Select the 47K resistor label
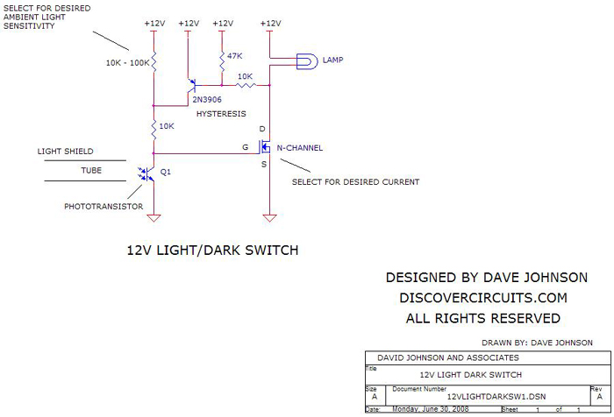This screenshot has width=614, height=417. pyautogui.click(x=235, y=56)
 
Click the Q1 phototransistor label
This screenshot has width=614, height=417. pyautogui.click(x=166, y=172)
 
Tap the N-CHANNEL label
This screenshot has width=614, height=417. pyautogui.click(x=299, y=148)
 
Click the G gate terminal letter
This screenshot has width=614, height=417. pyautogui.click(x=246, y=147)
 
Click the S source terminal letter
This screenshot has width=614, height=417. pyautogui.click(x=265, y=163)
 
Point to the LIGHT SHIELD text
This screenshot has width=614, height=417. pyautogui.click(x=65, y=152)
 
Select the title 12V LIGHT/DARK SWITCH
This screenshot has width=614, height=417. pyautogui.click(x=213, y=251)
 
